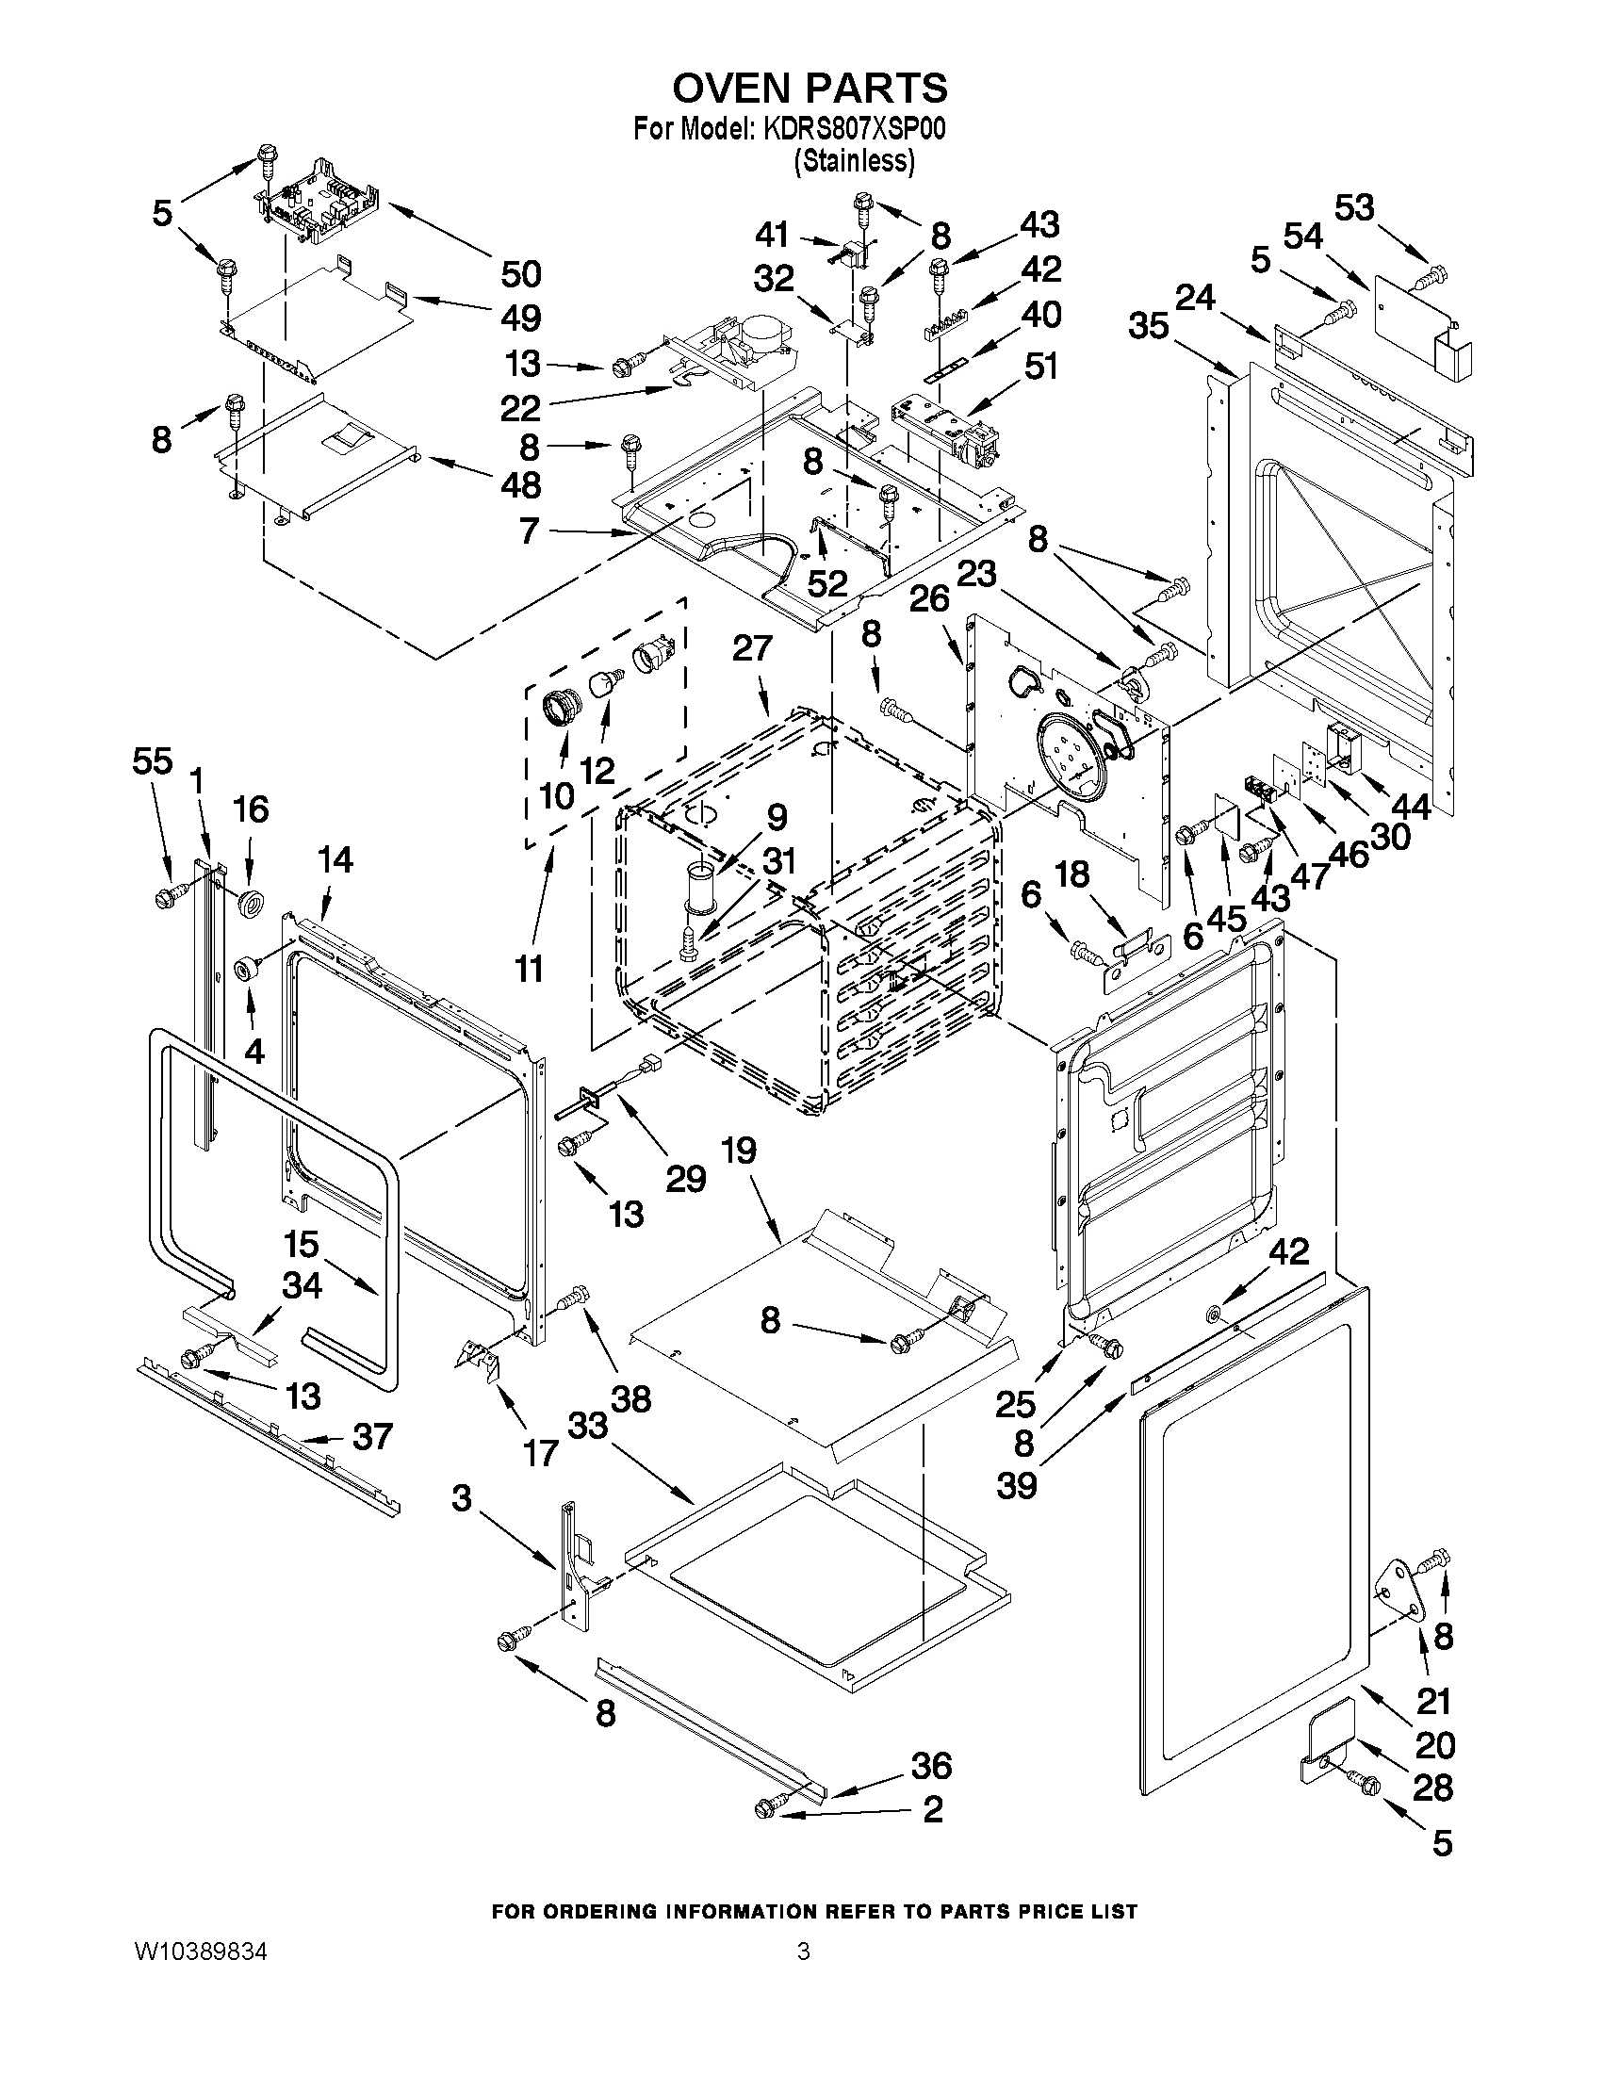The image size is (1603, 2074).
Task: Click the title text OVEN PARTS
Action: click(810, 88)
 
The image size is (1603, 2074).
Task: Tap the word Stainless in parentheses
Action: click(854, 161)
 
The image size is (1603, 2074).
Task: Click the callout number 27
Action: click(752, 648)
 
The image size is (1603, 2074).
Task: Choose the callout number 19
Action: click(738, 1150)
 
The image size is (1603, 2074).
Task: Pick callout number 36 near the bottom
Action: click(931, 1765)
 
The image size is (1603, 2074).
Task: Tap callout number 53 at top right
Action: click(1354, 207)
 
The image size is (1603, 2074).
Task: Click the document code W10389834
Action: click(202, 1951)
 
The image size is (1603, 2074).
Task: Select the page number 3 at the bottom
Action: click(804, 1951)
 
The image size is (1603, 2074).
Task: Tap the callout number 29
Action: click(686, 1178)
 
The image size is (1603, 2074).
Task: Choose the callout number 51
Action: click(1040, 366)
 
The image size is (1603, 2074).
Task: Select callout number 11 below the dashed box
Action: click(529, 969)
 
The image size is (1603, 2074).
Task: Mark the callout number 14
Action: click(335, 859)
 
